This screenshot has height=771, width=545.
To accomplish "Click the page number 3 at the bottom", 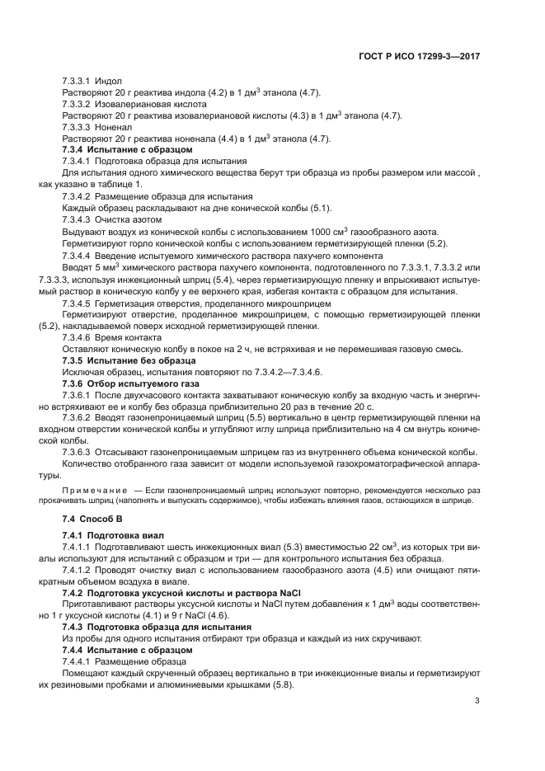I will coord(477,702).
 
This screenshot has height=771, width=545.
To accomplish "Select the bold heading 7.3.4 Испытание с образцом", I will coord(127,150).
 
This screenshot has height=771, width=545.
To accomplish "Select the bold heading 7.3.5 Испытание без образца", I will coord(129,360).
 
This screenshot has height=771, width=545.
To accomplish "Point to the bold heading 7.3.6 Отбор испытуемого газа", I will coord(132,383).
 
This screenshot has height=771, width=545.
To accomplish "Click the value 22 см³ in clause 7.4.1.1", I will coord(360,547).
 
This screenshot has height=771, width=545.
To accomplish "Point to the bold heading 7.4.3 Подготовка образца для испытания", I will coord(157,627).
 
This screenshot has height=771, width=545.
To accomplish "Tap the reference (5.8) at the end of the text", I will coord(282,684).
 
